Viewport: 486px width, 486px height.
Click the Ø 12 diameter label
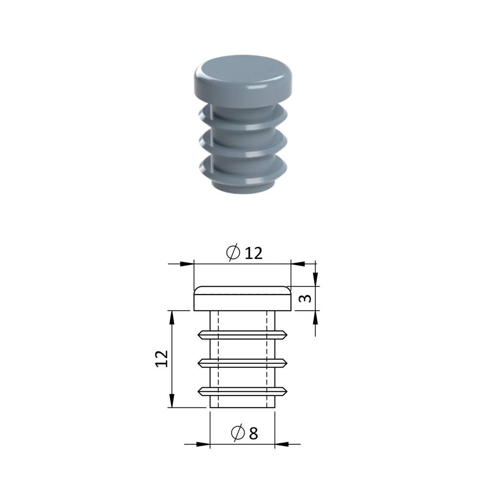tap(244, 252)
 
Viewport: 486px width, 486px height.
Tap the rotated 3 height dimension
tap(306, 298)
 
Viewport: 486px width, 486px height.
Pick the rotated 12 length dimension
tap(161, 359)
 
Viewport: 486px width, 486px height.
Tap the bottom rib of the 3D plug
tap(243, 171)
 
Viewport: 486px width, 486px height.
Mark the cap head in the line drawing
tap(243, 298)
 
